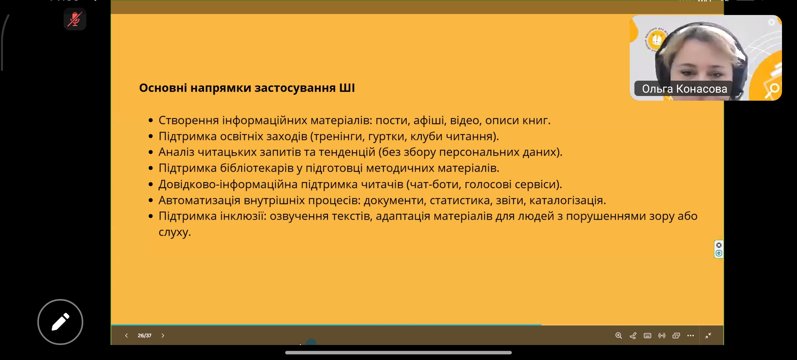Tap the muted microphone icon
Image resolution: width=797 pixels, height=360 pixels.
coord(75,19)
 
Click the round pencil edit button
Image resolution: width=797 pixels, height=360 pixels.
coord(60,322)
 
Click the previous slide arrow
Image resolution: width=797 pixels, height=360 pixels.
coord(126,336)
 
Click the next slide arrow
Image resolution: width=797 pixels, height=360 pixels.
coord(163,336)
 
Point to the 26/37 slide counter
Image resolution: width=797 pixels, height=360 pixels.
coord(145,336)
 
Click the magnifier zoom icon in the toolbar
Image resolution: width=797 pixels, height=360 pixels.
coord(618,336)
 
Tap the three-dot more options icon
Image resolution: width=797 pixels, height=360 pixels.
coord(691,336)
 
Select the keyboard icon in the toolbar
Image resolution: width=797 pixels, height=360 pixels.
coord(647,336)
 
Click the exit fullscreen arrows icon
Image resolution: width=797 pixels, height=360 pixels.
coord(708,336)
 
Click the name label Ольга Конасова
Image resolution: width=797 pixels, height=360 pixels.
coord(684,89)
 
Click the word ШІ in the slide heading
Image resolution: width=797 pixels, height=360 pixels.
coord(347,88)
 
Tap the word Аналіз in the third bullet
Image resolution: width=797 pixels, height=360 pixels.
coord(176,152)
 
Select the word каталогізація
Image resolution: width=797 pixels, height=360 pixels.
coord(566,200)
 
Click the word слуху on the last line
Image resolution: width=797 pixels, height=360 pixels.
coord(173,232)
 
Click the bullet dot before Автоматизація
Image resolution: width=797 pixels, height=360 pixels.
coord(151,200)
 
